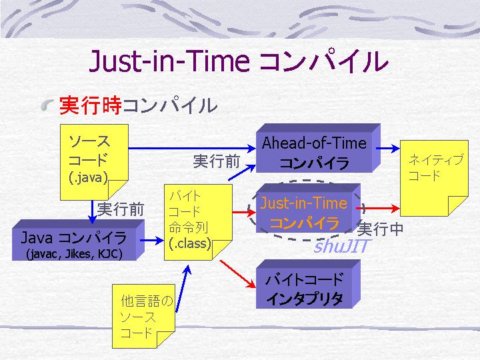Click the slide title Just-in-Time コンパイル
(x=239, y=61)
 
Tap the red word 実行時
(x=91, y=105)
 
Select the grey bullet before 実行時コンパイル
(x=47, y=105)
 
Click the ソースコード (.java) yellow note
(x=94, y=162)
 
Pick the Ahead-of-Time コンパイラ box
(x=319, y=148)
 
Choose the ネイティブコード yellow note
(x=434, y=178)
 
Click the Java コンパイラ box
(x=78, y=240)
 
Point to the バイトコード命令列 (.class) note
(x=198, y=222)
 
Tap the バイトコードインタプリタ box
(x=308, y=284)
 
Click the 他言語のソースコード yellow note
(x=143, y=316)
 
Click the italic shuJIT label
(x=342, y=246)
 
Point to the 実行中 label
(x=380, y=229)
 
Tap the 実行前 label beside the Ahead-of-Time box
(x=217, y=161)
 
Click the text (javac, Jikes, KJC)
(x=75, y=254)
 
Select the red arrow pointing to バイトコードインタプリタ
(x=237, y=274)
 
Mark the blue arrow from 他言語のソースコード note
(x=183, y=289)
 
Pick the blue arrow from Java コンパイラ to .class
(x=152, y=240)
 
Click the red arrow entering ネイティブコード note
(x=378, y=209)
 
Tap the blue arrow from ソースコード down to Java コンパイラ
(x=92, y=212)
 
